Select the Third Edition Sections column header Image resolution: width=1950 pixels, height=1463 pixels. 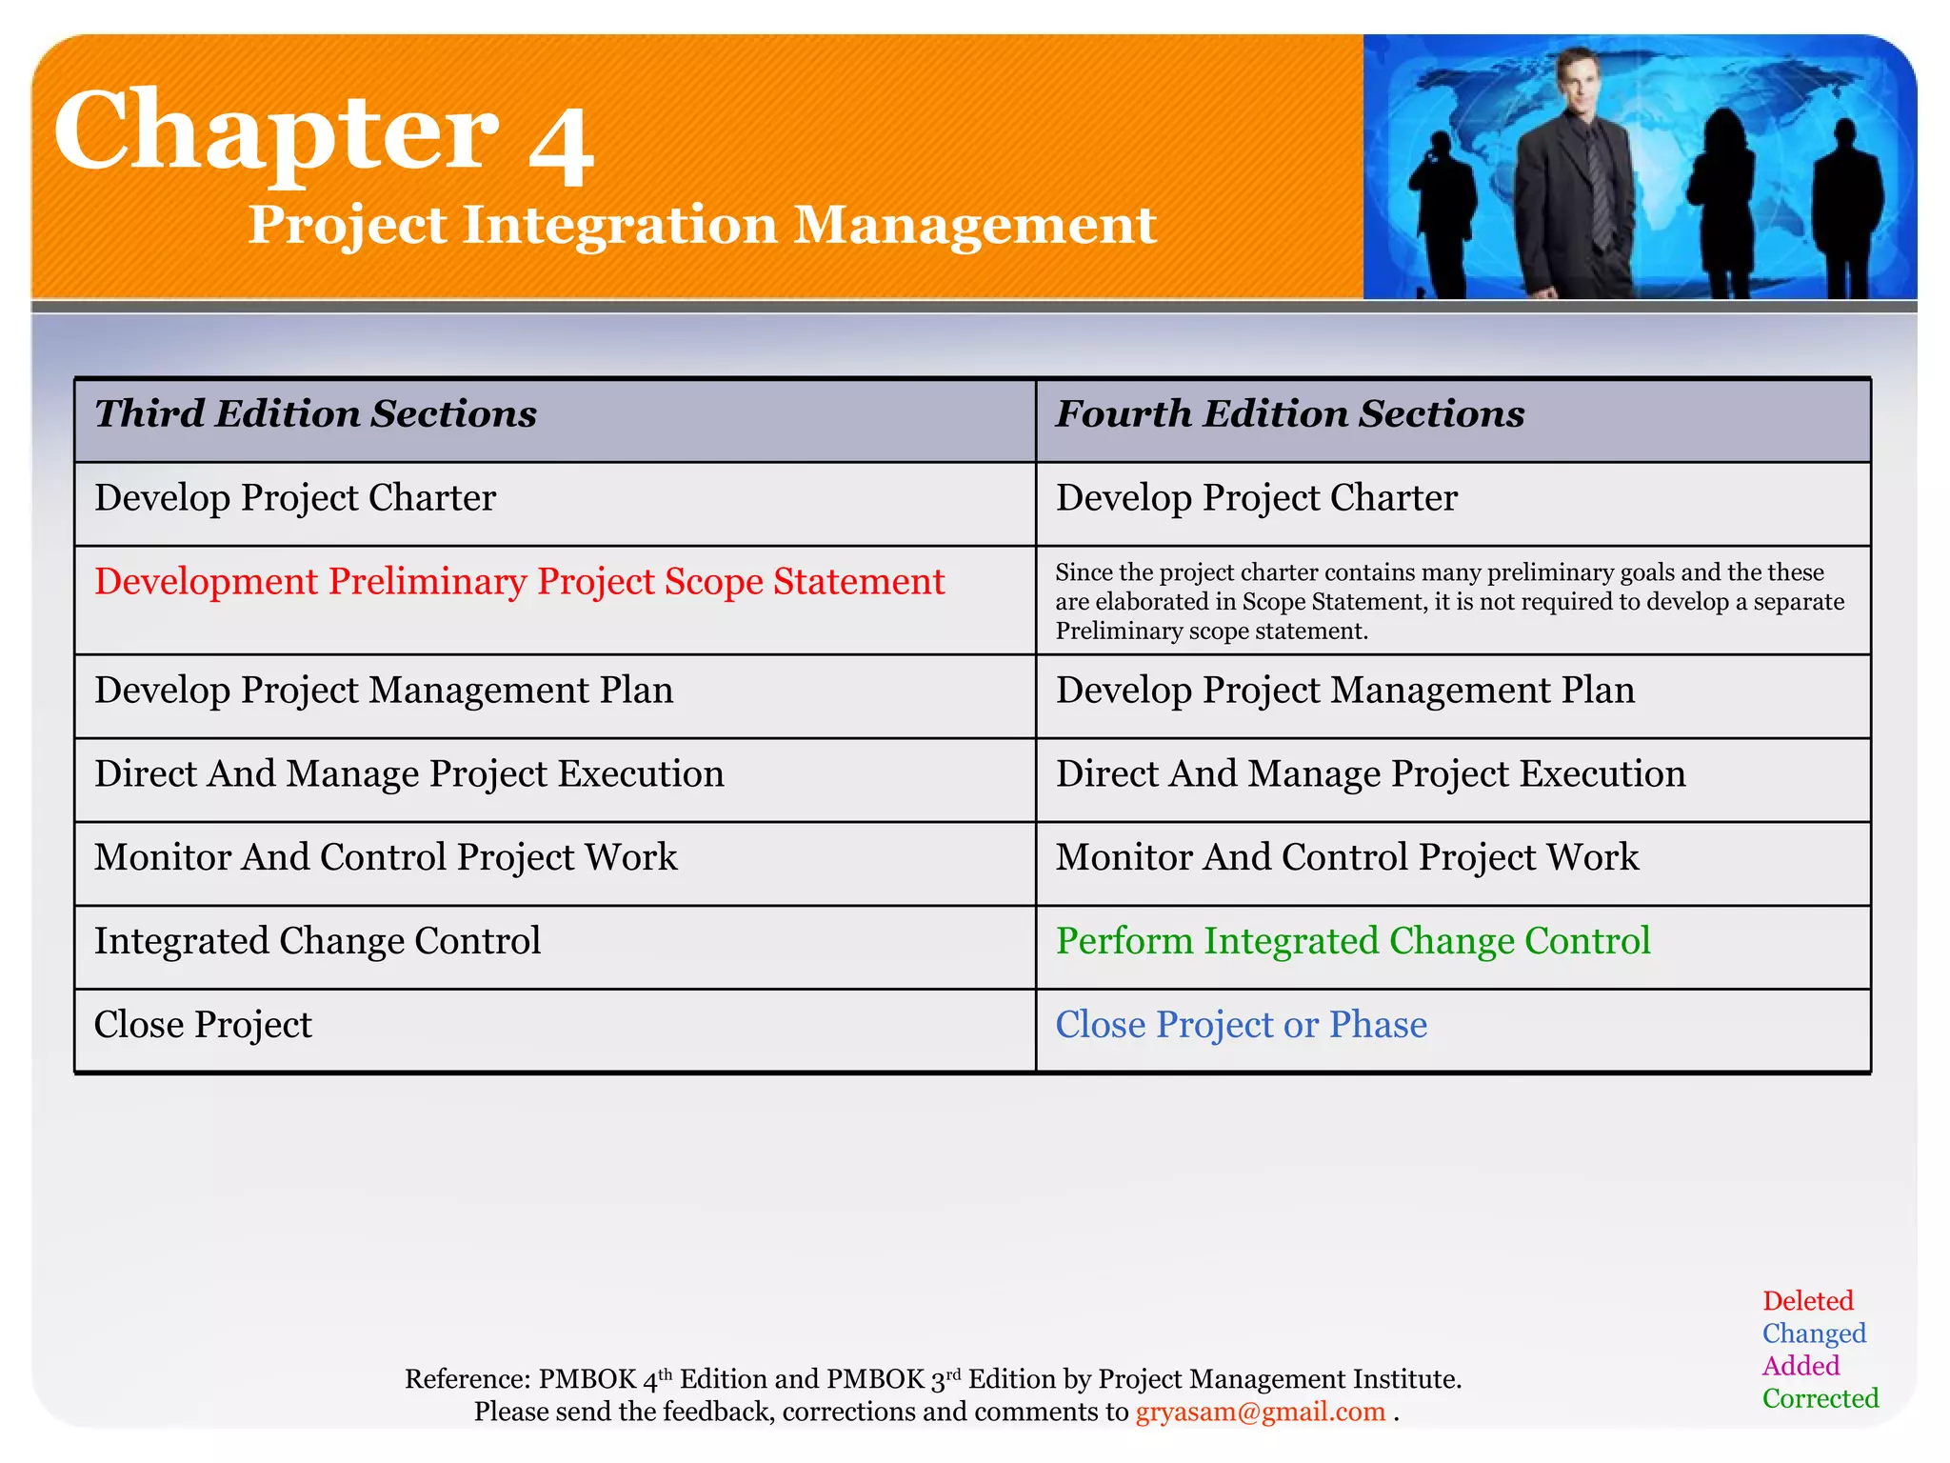(315, 414)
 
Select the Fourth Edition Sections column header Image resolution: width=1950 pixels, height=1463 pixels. (1289, 414)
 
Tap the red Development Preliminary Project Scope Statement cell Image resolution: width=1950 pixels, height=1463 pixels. (519, 581)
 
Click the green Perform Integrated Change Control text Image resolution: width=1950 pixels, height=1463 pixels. (1352, 941)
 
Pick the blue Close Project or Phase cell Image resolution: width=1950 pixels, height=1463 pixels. (1241, 1025)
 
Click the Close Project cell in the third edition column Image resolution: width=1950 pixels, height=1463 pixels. (203, 1025)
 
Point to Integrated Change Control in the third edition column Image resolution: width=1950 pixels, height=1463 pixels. (317, 941)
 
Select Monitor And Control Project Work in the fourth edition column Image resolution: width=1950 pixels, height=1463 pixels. (1346, 857)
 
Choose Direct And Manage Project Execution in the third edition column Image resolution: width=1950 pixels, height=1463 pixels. (408, 773)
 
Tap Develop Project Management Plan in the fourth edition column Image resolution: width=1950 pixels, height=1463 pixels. (1344, 690)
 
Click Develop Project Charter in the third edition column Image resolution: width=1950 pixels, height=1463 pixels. (295, 498)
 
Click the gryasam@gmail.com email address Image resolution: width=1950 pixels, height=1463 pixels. (1260, 1412)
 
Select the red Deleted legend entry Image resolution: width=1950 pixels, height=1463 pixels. (1807, 1301)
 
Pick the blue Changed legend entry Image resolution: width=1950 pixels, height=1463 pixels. (1813, 1333)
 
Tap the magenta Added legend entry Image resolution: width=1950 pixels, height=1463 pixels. (1800, 1366)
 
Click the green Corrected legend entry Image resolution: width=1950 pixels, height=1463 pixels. (1820, 1398)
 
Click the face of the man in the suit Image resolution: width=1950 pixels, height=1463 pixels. (1580, 84)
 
